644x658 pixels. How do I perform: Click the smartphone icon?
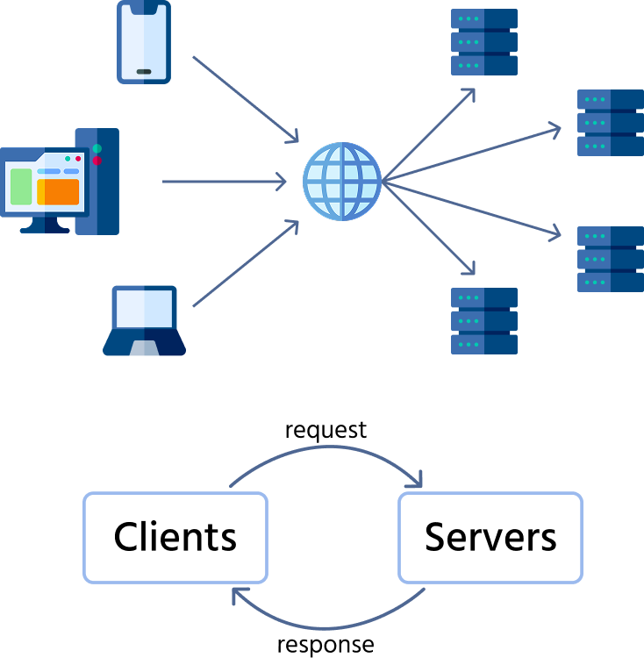point(144,42)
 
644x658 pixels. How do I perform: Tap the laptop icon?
point(144,320)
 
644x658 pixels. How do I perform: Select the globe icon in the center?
point(342,182)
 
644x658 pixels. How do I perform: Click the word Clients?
point(175,537)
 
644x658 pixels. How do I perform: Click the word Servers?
point(490,537)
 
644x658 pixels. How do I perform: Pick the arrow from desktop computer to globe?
point(224,182)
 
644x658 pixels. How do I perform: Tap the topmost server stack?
point(484,42)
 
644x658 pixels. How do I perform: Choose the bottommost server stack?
point(484,320)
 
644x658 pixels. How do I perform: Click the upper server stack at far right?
point(611,122)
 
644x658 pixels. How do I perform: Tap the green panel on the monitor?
point(21,187)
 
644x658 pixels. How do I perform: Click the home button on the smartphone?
point(144,72)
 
